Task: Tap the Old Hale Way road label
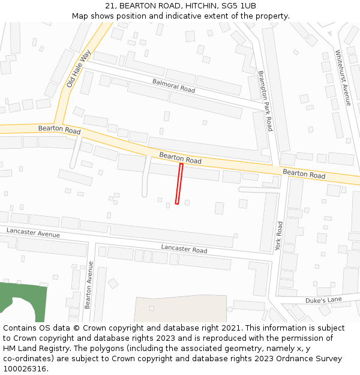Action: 79,68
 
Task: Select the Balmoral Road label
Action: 173,85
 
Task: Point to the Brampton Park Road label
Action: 265,100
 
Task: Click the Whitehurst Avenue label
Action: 343,77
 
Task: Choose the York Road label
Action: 279,235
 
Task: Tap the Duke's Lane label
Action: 323,300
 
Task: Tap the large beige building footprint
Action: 180,309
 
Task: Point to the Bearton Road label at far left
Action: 59,130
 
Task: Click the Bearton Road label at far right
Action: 304,174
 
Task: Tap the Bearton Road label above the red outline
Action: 180,158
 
